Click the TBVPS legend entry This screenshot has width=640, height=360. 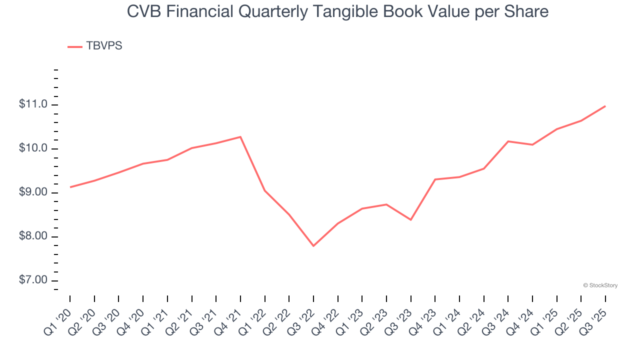coord(95,46)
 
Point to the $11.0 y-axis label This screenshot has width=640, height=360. coord(33,104)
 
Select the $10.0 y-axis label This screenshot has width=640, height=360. coord(33,148)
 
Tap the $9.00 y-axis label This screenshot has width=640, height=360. coord(33,192)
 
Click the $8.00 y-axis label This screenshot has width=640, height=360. coord(33,236)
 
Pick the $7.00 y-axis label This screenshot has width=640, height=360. coord(33,280)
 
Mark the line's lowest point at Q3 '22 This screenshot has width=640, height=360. coord(313,246)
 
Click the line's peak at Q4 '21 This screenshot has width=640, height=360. coord(240,137)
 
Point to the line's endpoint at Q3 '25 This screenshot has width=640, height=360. coord(605,106)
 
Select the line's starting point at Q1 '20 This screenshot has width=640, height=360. coord(70,187)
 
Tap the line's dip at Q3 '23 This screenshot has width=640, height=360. coord(411,219)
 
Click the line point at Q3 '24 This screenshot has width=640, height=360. coord(508,141)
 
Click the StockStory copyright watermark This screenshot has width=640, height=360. coord(600,285)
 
